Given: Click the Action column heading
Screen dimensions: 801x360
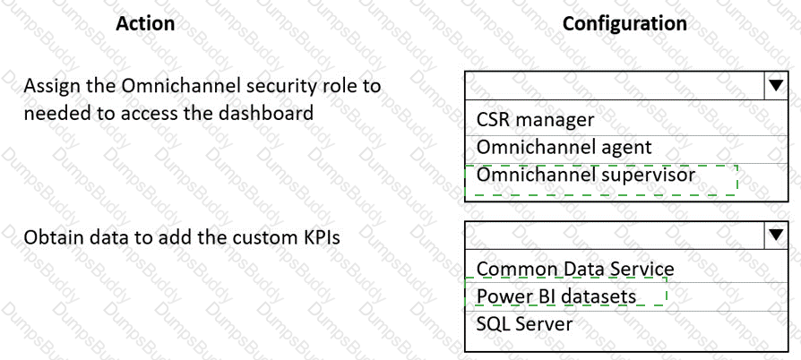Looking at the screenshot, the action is click(x=145, y=23).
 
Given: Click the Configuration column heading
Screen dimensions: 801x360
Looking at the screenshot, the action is click(x=624, y=23).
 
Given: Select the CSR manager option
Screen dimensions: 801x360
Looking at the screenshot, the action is click(x=536, y=120).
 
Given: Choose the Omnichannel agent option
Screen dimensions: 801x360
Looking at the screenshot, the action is click(x=564, y=148).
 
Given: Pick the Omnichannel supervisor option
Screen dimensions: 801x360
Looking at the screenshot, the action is click(x=585, y=176).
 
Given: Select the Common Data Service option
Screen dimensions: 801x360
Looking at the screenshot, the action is click(x=575, y=269).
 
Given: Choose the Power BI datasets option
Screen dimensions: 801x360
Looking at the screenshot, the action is click(x=556, y=296).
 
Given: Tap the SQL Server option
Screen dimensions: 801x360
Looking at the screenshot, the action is click(x=524, y=324).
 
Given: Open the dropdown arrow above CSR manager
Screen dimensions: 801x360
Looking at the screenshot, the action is click(x=776, y=86).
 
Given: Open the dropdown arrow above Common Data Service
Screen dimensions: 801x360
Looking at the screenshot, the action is click(x=776, y=235).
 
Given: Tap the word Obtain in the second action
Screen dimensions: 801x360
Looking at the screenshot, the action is click(x=53, y=238).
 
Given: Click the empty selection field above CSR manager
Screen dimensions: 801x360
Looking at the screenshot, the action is click(x=615, y=86).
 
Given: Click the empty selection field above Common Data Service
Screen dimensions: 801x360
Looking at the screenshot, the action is click(x=615, y=235).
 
